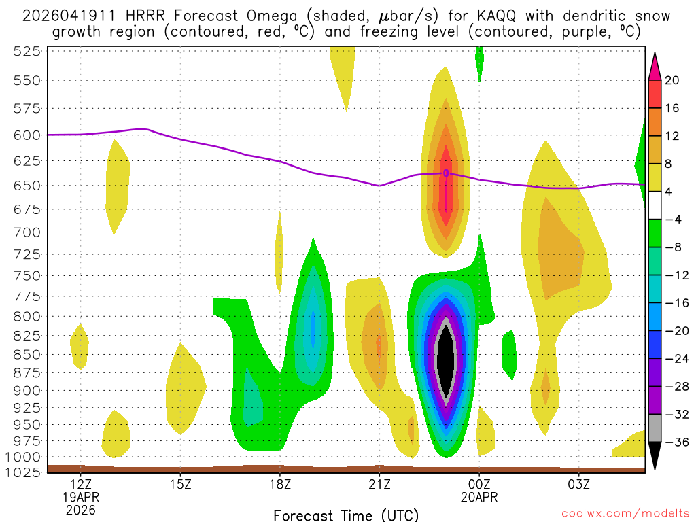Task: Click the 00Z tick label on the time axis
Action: [479, 485]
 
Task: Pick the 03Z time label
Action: [578, 485]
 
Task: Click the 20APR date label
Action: [479, 498]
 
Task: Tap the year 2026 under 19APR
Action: [81, 509]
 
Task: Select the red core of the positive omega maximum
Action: [445, 197]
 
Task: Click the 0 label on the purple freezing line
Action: [446, 173]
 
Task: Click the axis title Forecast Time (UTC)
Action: [346, 515]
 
